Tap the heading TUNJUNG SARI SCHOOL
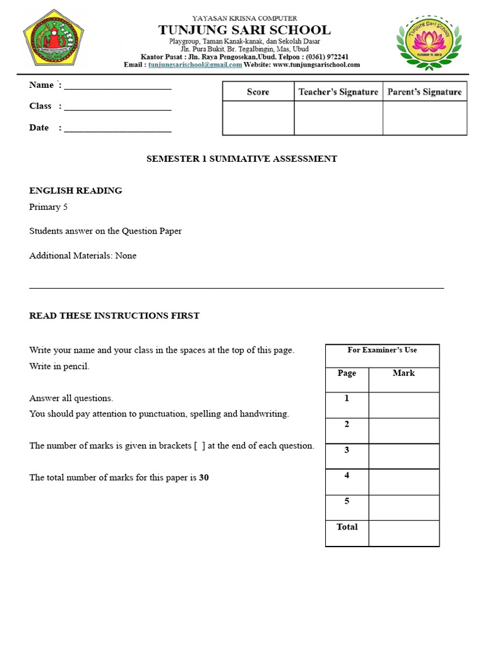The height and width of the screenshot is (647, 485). click(244, 30)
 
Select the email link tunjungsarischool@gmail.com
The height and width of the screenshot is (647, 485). click(195, 64)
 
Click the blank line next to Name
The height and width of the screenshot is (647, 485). click(117, 87)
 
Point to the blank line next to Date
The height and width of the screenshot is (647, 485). click(117, 130)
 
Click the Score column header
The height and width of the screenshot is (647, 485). click(258, 92)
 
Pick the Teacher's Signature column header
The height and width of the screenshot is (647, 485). click(338, 92)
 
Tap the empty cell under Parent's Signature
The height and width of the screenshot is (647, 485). click(424, 118)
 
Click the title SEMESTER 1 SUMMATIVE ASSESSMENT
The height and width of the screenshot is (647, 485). click(242, 159)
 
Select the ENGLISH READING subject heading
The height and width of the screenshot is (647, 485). click(76, 190)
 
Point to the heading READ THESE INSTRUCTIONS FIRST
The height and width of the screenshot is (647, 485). click(114, 316)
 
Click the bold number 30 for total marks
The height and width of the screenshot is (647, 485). click(204, 478)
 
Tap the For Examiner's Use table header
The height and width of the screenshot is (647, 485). click(382, 350)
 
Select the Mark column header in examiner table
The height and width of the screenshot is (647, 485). click(404, 373)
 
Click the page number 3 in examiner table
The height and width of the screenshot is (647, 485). click(347, 450)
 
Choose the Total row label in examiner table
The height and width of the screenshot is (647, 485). click(347, 527)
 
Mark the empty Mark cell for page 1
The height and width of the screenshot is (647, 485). click(404, 405)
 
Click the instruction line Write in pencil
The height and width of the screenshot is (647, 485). click(59, 366)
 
